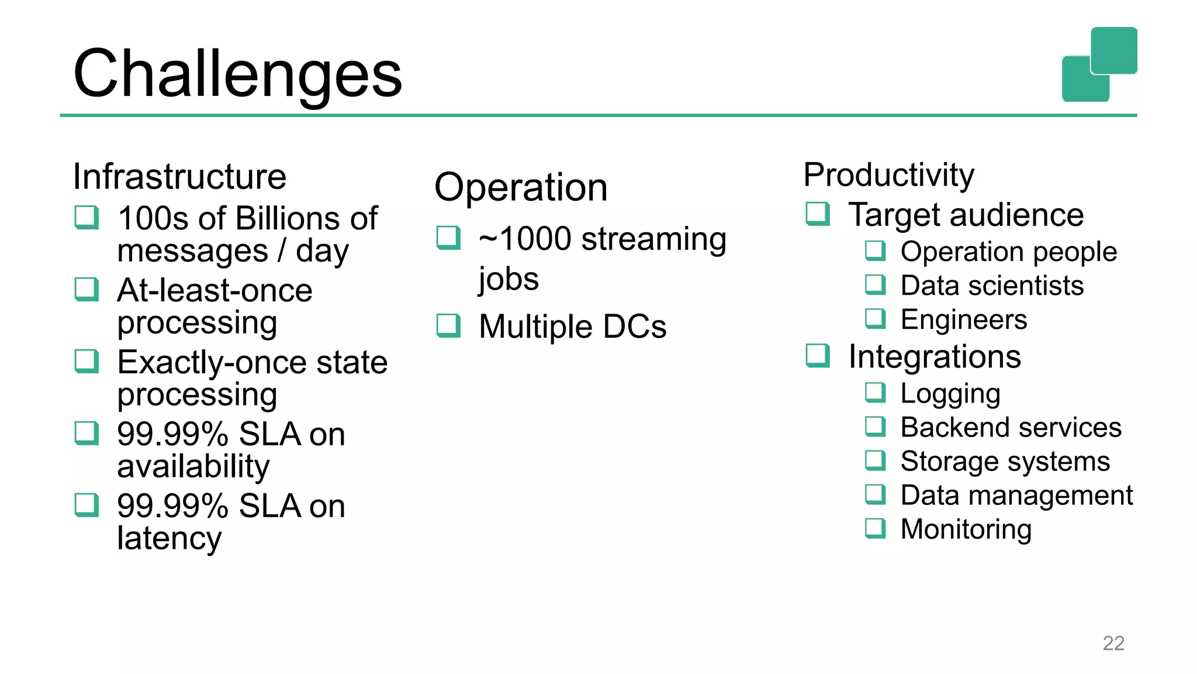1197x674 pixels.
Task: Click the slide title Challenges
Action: (237, 74)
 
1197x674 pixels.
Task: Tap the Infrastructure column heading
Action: (179, 177)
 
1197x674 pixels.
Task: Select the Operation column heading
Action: (521, 188)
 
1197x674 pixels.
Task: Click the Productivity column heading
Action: (888, 175)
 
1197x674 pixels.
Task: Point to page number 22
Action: (1113, 643)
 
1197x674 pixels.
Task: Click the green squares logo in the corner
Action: (1099, 64)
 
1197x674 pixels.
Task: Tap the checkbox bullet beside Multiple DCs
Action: (448, 326)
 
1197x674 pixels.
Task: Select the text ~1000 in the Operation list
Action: (524, 239)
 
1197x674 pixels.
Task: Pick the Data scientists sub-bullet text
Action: (992, 286)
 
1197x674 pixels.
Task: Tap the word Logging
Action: (950, 394)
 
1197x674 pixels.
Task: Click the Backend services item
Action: (1011, 428)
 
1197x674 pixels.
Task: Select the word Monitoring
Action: (966, 529)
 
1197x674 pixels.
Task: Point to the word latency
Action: (169, 538)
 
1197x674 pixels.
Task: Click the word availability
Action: (193, 466)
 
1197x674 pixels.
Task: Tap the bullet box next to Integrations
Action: (817, 355)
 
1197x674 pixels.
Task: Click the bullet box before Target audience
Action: (817, 214)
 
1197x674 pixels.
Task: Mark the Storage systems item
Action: (1005, 462)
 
